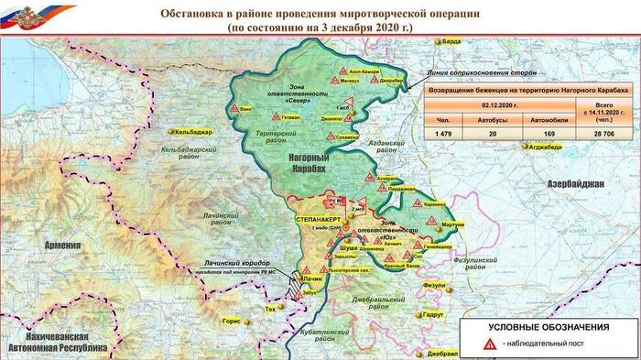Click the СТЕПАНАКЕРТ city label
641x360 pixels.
click(319, 222)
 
